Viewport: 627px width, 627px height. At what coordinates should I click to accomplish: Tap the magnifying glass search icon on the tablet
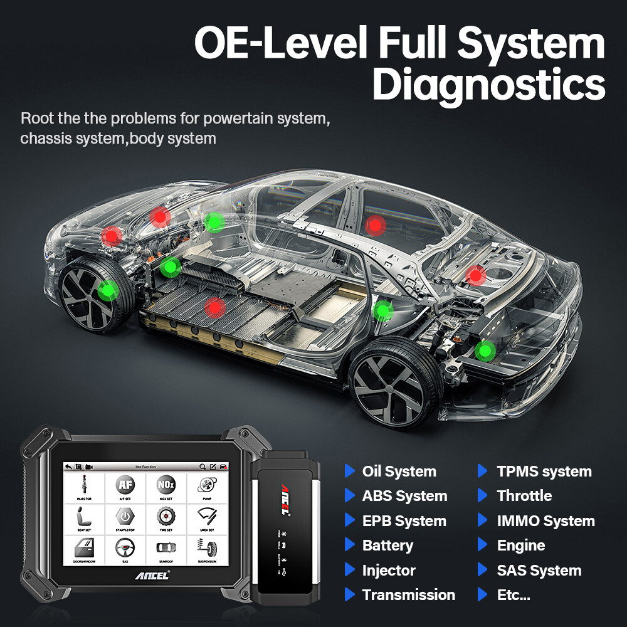[x=203, y=467]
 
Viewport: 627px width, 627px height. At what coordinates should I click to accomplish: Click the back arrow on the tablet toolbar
[x=68, y=467]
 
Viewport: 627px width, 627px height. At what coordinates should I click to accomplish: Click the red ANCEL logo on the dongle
[x=284, y=499]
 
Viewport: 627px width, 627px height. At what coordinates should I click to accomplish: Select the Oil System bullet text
[x=399, y=472]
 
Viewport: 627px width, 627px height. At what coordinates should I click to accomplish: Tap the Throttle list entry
[x=524, y=496]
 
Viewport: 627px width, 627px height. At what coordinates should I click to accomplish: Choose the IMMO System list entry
[x=545, y=521]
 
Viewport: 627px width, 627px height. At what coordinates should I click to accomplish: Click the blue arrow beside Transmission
[x=349, y=594]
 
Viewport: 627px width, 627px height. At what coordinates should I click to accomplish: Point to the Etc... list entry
[x=514, y=594]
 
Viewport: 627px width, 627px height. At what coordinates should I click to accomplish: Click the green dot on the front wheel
[x=108, y=290]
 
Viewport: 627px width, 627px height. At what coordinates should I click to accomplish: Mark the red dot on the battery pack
[x=215, y=307]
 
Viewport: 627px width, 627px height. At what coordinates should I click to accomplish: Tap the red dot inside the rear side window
[x=375, y=224]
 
